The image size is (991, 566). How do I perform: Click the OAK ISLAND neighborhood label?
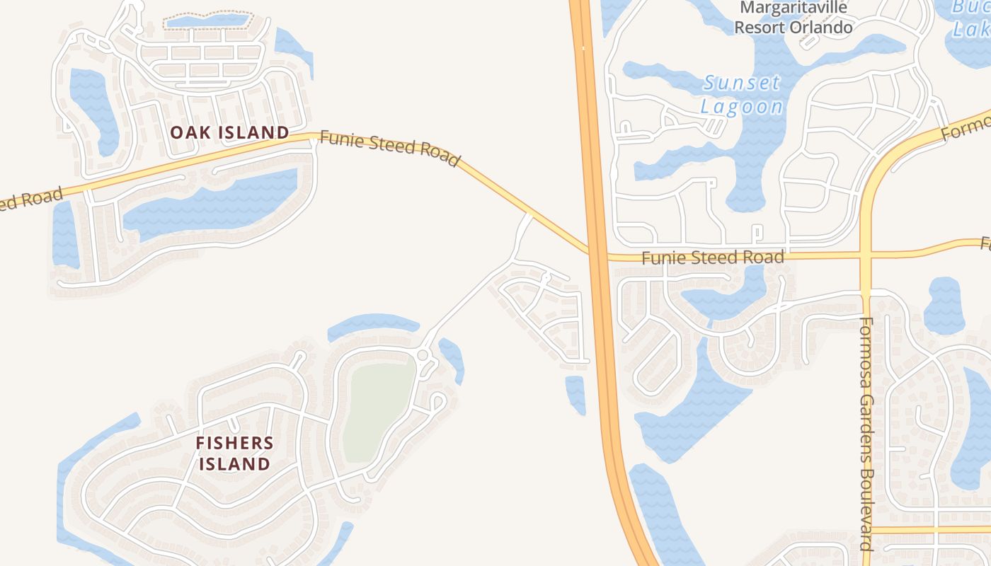tap(229, 132)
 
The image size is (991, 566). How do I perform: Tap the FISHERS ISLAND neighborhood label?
tap(234, 454)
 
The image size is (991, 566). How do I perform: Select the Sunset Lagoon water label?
tap(742, 94)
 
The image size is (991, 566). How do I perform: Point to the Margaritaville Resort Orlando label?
tap(793, 18)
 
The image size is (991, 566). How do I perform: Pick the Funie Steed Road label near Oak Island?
tap(389, 147)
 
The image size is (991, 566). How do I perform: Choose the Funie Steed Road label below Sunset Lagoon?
tap(712, 257)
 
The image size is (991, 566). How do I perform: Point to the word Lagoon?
tap(742, 106)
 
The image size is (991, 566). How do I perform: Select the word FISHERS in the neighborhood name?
tap(234, 444)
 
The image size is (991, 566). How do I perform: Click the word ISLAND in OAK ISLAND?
tap(256, 132)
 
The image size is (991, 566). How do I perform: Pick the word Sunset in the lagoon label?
tap(742, 83)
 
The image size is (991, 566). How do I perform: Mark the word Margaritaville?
tap(793, 8)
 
